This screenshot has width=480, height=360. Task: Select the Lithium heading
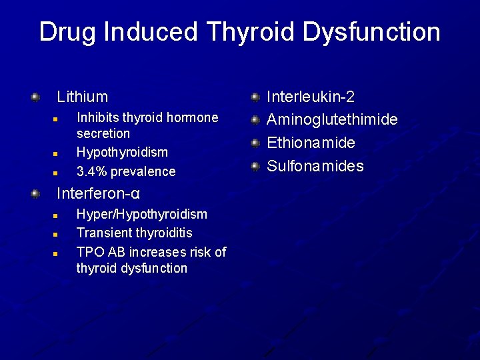tap(82, 97)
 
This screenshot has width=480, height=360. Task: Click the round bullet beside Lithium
tap(35, 97)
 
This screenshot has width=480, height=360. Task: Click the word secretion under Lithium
tap(103, 133)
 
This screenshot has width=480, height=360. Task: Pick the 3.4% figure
tap(92, 171)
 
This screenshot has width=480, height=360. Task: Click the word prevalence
tap(144, 171)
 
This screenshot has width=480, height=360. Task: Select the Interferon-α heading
tap(98, 194)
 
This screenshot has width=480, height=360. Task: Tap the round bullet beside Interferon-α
tap(35, 194)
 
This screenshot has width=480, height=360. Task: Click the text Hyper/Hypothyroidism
tap(142, 214)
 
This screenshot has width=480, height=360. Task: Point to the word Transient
tap(103, 233)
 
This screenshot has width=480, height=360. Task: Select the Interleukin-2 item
tap(311, 97)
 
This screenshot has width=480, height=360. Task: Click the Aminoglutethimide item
tap(332, 120)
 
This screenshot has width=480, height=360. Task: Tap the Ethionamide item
tap(311, 143)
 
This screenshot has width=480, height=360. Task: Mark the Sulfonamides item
tap(315, 166)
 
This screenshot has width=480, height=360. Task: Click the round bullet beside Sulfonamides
tap(255, 166)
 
